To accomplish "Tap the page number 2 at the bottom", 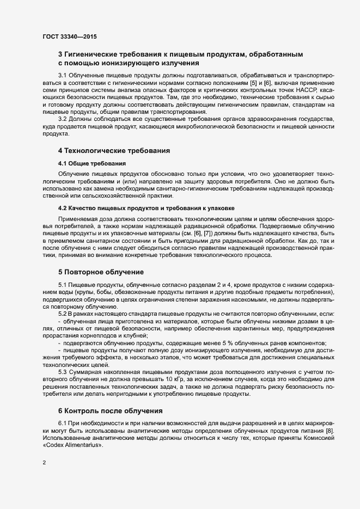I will (44, 464).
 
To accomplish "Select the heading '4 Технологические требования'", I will (114, 150).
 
